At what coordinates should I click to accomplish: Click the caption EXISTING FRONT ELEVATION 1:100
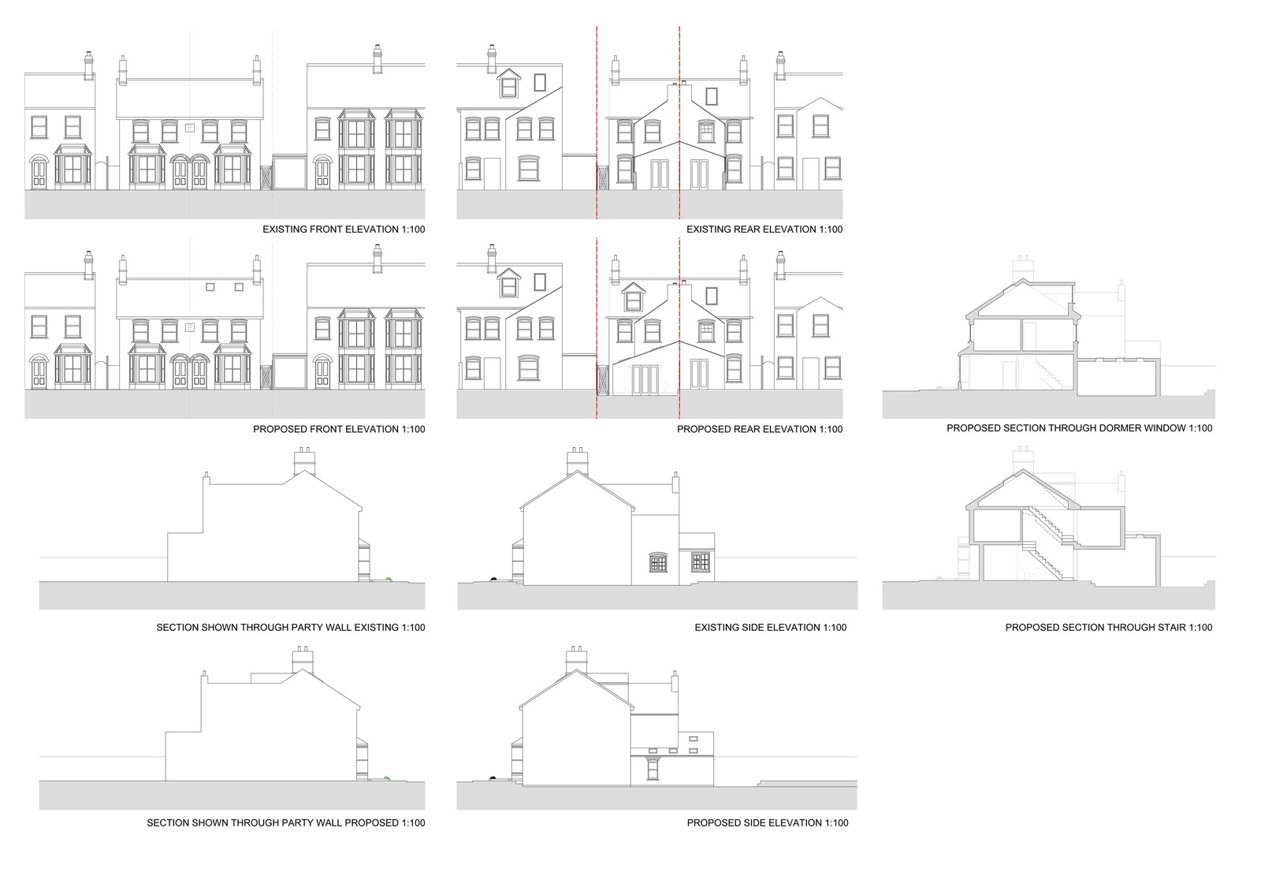[343, 229]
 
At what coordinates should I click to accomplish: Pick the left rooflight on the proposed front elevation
[210, 287]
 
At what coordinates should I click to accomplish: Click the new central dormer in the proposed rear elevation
[632, 299]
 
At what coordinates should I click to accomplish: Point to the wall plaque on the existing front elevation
[189, 127]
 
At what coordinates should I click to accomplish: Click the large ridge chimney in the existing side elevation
[577, 461]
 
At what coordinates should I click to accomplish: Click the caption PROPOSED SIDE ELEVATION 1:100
[767, 822]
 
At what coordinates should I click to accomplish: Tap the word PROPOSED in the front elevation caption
[277, 429]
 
